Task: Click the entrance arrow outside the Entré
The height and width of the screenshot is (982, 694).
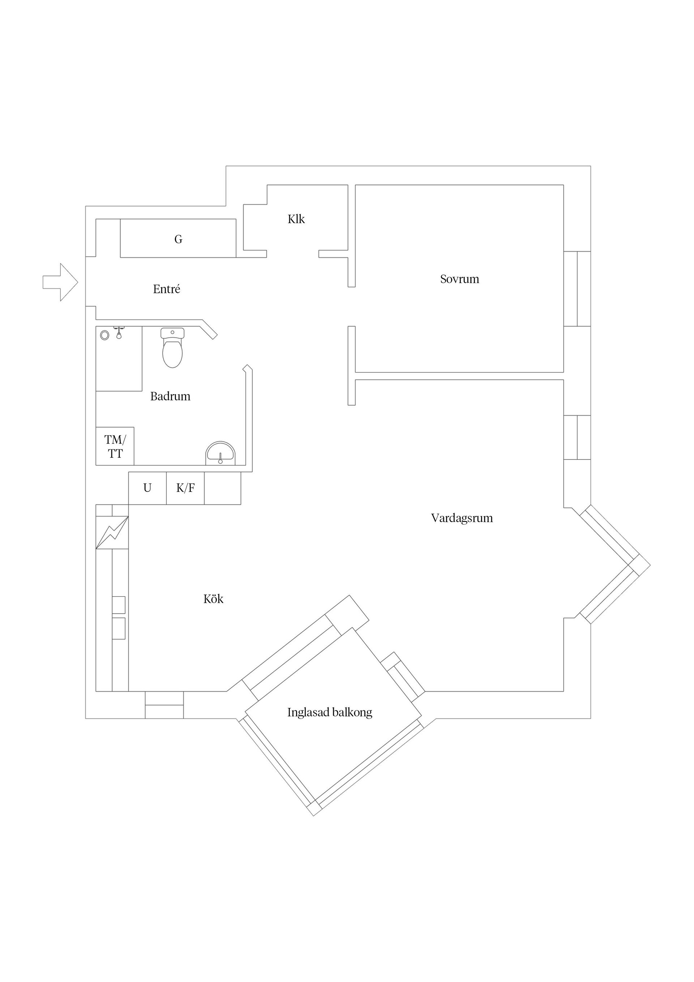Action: pos(60,282)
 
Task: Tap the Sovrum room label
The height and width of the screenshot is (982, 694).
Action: pos(460,279)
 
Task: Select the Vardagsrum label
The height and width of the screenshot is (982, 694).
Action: pos(462,518)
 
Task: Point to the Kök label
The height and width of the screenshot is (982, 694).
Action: pos(213,599)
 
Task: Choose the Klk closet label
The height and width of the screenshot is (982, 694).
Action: pos(296,219)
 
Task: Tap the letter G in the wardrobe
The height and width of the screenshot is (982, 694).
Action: pos(178,239)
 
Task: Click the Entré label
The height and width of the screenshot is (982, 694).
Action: pos(166,289)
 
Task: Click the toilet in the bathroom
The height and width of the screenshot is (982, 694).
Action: pos(172,348)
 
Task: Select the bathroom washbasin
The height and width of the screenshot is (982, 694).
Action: pos(220,453)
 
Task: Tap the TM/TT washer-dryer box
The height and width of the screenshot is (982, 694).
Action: pos(115,446)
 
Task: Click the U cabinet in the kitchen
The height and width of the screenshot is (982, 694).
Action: pos(147,488)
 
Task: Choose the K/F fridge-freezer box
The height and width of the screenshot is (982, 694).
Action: pos(185,488)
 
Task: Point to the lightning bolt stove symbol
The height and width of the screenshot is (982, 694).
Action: pos(112,533)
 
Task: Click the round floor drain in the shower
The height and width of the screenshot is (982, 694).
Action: pos(104,335)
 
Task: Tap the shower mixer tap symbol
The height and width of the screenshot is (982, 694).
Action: pos(119,333)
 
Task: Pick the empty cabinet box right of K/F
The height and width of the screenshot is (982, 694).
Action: pos(223,488)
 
